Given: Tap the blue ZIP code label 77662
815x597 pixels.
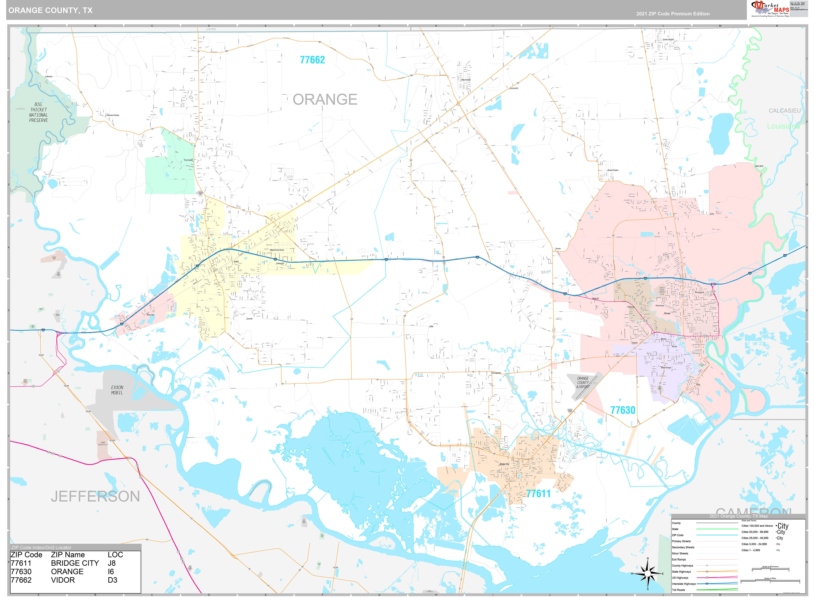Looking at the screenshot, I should click(312, 60).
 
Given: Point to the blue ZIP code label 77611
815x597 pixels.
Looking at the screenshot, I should click(538, 494).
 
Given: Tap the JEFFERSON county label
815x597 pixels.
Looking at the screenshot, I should click(95, 496).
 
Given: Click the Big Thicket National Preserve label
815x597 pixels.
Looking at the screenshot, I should click(38, 112).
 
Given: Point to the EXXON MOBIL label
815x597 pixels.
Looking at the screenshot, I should click(117, 390).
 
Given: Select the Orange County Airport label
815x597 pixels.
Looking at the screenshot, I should click(583, 382).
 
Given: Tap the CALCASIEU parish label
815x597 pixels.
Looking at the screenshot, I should click(784, 111).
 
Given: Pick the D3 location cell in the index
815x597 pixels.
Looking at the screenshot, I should click(112, 580).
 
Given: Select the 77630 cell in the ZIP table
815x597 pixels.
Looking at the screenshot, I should click(21, 571).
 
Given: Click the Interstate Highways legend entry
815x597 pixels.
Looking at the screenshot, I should click(683, 584).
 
